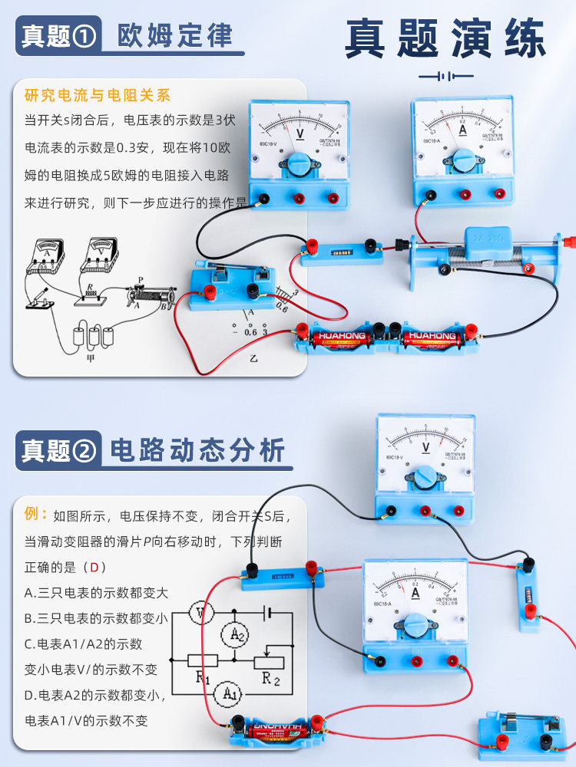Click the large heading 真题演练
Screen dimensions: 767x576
click(445, 38)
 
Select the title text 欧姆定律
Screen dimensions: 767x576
click(175, 35)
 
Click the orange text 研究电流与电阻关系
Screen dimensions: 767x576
click(98, 96)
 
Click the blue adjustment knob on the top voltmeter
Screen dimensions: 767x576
click(299, 162)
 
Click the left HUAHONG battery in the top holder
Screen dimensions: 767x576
click(341, 336)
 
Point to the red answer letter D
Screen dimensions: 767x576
click(94, 568)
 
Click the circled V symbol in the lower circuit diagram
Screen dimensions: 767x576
click(201, 613)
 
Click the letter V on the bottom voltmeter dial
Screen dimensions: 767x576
click(426, 446)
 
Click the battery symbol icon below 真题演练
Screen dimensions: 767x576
click(445, 77)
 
